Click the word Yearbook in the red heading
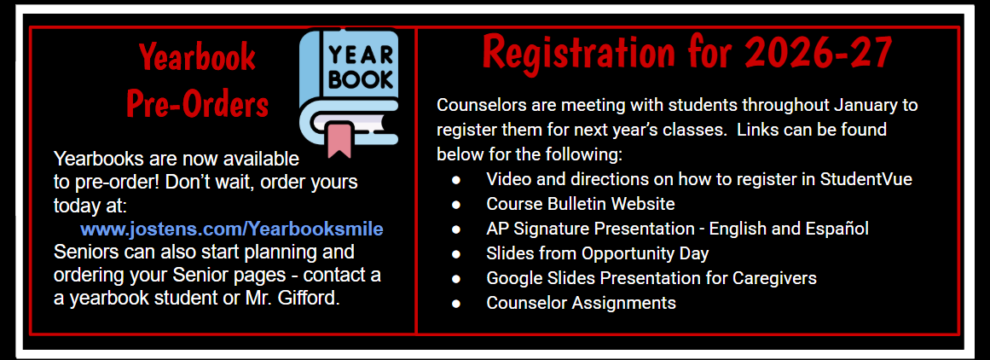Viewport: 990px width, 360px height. tap(197, 58)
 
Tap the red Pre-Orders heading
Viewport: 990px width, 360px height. tap(197, 104)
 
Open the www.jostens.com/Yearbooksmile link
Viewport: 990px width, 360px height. tap(231, 229)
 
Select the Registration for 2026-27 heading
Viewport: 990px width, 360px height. tap(686, 53)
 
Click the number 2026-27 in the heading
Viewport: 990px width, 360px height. tap(818, 53)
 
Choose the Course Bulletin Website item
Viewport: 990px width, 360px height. tap(580, 204)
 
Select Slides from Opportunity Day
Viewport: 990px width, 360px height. tap(597, 253)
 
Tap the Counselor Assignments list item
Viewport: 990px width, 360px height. tap(581, 303)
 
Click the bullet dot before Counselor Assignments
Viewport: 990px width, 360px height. tap(457, 303)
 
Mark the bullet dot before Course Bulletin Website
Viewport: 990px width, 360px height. tap(457, 204)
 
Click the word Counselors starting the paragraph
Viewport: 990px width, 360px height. tap(477, 106)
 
